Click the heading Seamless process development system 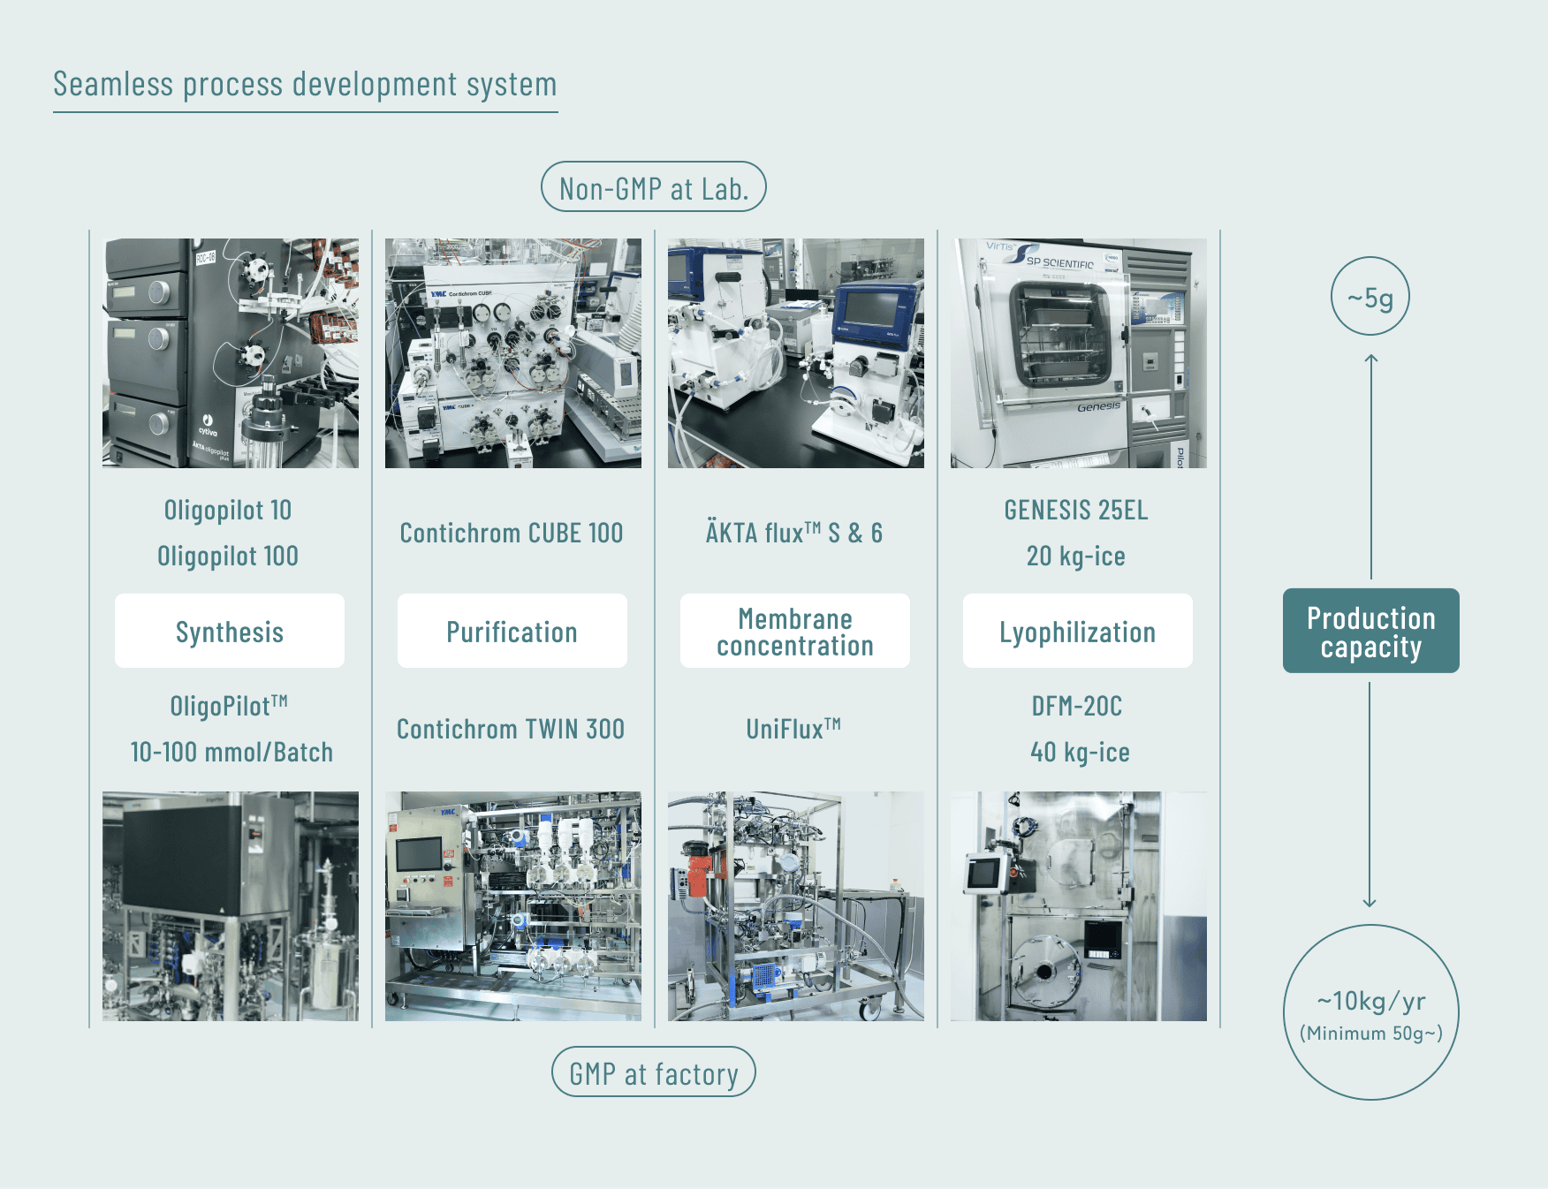coord(305,85)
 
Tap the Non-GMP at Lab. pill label coord(654,186)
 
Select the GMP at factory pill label coord(654,1072)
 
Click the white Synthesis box coord(230,631)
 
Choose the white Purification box coord(512,631)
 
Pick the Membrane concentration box coord(795,631)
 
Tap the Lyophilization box coord(1078,631)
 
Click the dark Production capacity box coord(1371,631)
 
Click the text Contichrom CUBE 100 coord(512,533)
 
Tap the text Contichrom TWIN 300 coord(511,729)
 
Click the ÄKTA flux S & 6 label coord(794,533)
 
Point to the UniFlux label coord(793,729)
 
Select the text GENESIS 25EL coord(1076,510)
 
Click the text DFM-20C coord(1077,706)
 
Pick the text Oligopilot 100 coord(228,556)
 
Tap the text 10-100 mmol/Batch coord(231,752)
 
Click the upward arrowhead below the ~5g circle coord(1371,358)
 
